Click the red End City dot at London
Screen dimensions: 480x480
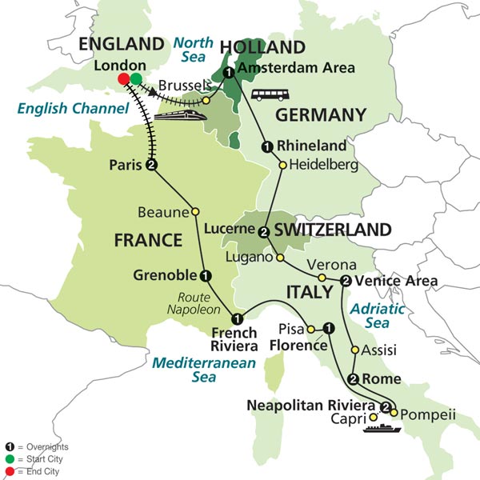[124, 78]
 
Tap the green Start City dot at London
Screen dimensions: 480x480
[136, 78]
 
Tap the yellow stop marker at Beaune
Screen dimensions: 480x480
[194, 212]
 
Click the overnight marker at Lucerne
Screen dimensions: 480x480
[263, 232]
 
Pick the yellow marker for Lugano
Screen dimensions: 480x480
[279, 258]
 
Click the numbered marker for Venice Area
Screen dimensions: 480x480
[346, 280]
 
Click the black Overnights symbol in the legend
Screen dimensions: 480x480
[9, 446]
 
